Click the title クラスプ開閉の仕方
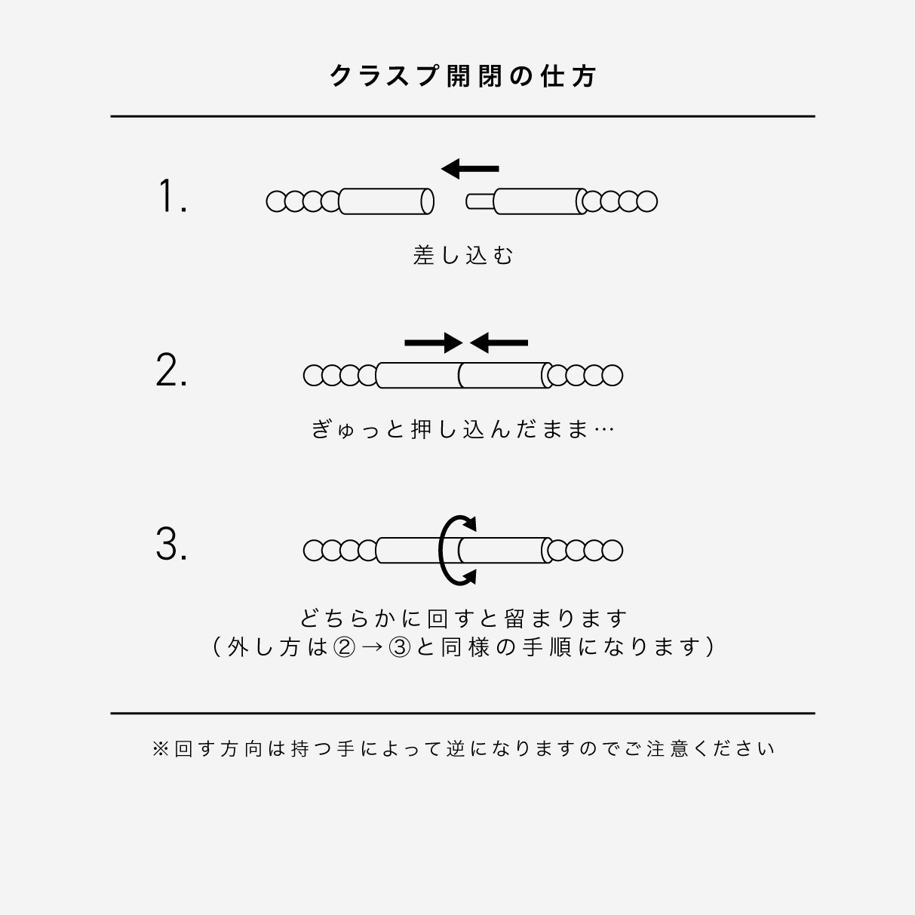[x=462, y=76]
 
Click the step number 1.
[x=172, y=197]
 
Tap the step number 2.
[x=171, y=370]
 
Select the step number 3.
[x=171, y=544]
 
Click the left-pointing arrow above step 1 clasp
[x=469, y=168]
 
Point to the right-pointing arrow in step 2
[x=434, y=343]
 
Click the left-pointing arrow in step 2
[x=499, y=343]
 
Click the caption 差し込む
[x=462, y=255]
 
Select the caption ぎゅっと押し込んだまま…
[x=462, y=429]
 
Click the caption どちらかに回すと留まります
[x=462, y=619]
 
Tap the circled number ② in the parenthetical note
[x=343, y=647]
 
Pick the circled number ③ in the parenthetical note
[x=399, y=647]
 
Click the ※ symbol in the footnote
[x=161, y=748]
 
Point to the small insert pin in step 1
[x=480, y=201]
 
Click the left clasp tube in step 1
[x=386, y=201]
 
